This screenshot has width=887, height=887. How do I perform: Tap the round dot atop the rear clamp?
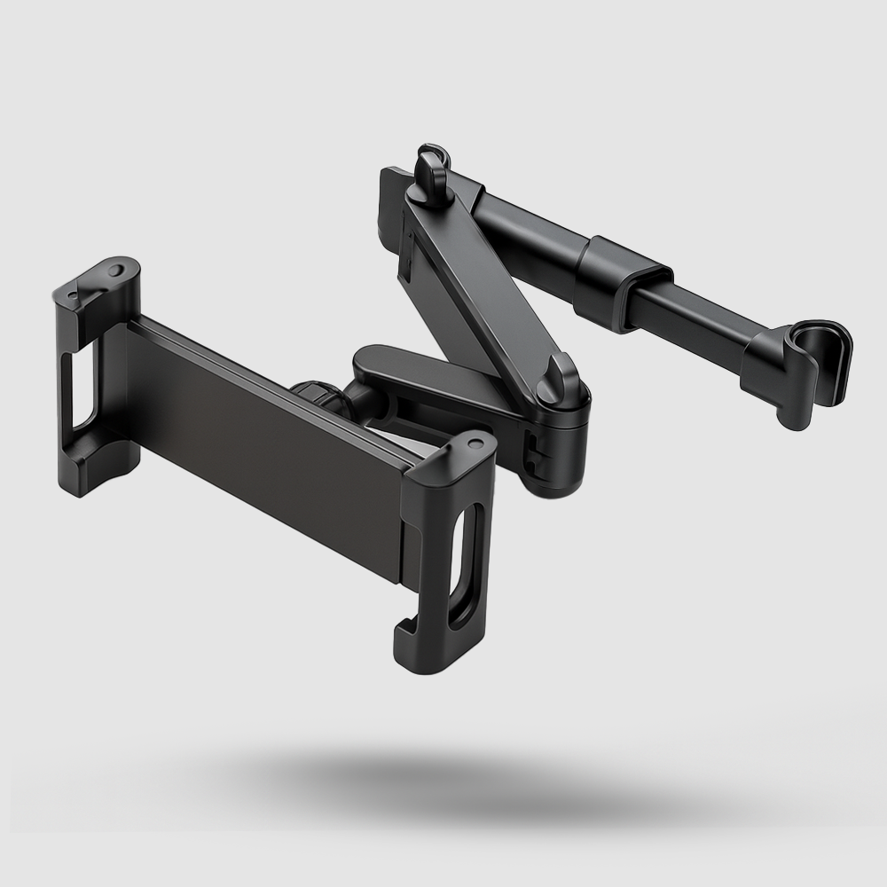[116, 268]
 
